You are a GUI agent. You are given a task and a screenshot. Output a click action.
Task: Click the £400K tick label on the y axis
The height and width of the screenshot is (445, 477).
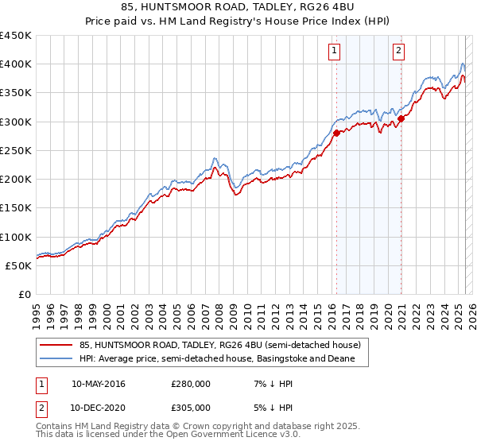click(x=16, y=64)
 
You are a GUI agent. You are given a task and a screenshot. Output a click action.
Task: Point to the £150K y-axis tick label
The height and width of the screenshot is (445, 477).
click(x=16, y=208)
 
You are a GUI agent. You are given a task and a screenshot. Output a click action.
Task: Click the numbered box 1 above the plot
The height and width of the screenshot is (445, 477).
click(x=333, y=51)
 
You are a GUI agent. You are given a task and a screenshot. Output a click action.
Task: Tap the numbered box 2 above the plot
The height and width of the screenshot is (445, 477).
click(x=397, y=51)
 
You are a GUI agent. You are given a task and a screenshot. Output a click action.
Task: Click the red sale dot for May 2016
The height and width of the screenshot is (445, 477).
click(x=336, y=133)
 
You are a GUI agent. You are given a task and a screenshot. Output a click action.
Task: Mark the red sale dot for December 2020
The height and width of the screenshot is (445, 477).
click(x=401, y=118)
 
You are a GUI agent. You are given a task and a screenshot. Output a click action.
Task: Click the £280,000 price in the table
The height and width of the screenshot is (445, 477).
click(x=191, y=384)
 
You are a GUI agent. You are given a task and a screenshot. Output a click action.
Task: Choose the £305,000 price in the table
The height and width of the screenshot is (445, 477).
click(x=191, y=408)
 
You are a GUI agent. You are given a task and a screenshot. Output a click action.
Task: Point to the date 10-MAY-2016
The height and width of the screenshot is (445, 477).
click(x=99, y=384)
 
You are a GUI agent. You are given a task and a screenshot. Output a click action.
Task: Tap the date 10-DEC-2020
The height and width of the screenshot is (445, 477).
click(x=99, y=408)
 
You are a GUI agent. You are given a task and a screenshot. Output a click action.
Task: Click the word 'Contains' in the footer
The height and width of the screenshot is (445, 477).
click(x=56, y=427)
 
